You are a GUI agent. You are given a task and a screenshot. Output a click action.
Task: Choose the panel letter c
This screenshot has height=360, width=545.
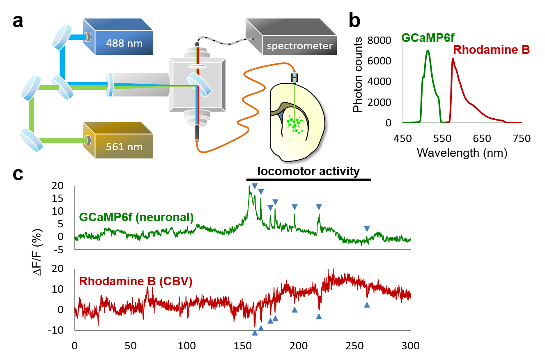(x=18, y=174)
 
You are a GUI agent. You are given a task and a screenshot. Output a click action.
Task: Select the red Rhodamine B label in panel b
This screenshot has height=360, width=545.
(x=491, y=50)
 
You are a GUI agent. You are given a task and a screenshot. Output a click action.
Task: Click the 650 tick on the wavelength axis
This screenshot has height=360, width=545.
(x=482, y=139)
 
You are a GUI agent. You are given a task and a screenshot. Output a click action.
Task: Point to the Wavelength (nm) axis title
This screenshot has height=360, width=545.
(x=462, y=154)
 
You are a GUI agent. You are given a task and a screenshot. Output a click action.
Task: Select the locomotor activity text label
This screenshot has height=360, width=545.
(x=308, y=171)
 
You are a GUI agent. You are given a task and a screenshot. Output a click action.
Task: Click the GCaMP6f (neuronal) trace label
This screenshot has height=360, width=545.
(x=136, y=217)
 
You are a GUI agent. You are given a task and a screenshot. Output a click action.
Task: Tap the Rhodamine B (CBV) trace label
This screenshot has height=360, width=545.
(x=136, y=282)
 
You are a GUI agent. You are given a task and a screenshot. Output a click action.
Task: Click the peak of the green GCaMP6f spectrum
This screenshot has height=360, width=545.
(x=428, y=50)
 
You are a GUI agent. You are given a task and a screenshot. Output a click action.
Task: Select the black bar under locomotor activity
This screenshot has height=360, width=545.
(x=308, y=180)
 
